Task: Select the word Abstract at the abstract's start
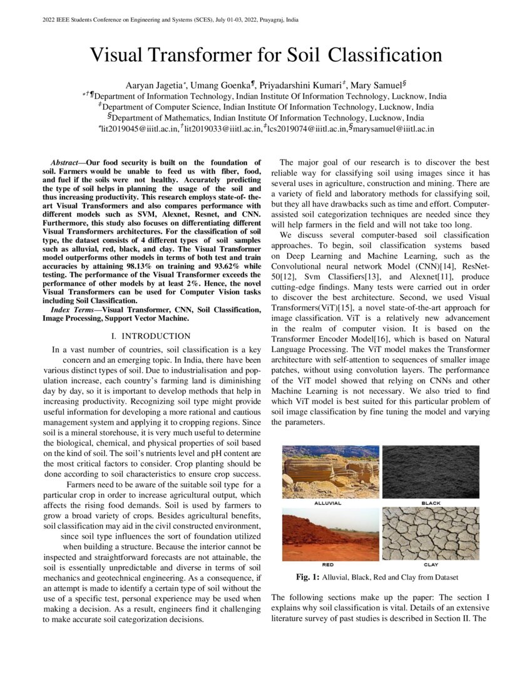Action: click(68, 163)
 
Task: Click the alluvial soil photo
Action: click(330, 472)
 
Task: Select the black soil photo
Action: click(431, 472)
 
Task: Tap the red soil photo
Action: click(330, 534)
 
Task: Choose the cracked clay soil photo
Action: click(431, 534)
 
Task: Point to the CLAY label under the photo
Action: click(431, 564)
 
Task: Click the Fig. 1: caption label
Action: click(308, 577)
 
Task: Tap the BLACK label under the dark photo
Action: click(431, 503)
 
